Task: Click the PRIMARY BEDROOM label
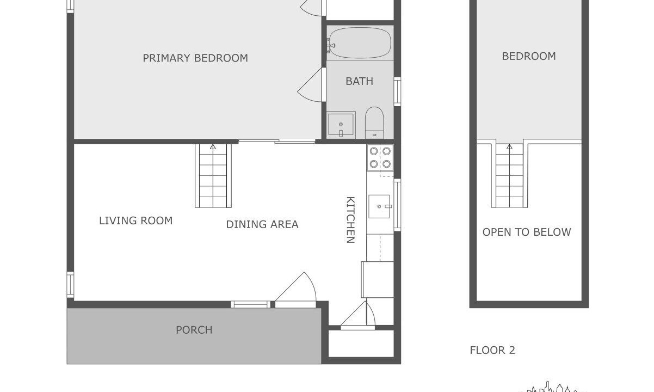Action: tap(195, 58)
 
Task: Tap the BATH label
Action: tap(360, 81)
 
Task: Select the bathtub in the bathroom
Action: tap(360, 43)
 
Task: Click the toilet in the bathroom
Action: tap(374, 122)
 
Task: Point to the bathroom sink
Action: tap(341, 125)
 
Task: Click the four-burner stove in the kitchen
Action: tap(380, 158)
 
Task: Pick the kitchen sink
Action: tap(379, 206)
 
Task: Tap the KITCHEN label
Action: tap(350, 220)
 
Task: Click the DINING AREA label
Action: tap(262, 224)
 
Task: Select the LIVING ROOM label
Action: tap(136, 220)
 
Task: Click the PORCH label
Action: tap(194, 330)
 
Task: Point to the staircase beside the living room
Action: tap(213, 175)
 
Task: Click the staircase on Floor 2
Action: tap(509, 175)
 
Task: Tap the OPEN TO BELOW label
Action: tap(527, 232)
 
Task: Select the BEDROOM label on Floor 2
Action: tap(529, 57)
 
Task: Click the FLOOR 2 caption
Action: tap(492, 350)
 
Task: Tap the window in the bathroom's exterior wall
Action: tap(397, 91)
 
